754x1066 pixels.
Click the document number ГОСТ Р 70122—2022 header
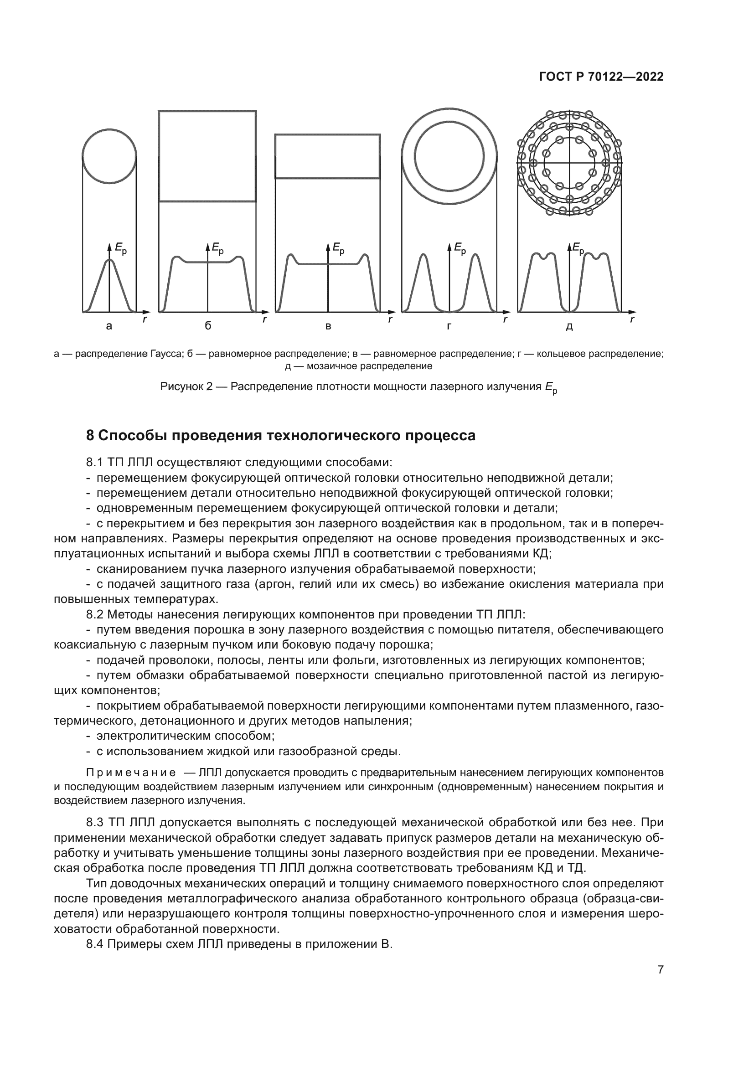(601, 77)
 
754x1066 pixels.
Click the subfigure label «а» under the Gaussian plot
(109, 326)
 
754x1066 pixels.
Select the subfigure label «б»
(208, 326)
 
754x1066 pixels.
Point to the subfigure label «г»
(449, 326)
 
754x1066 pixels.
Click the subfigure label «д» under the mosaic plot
(570, 327)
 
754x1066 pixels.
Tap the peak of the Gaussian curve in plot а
(109, 261)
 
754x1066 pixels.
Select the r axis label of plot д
(632, 319)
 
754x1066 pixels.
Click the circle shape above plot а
(109, 156)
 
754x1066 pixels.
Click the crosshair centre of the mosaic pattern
(569, 163)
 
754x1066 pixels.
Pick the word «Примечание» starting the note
(131, 772)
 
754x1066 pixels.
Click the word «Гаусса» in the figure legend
(165, 354)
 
